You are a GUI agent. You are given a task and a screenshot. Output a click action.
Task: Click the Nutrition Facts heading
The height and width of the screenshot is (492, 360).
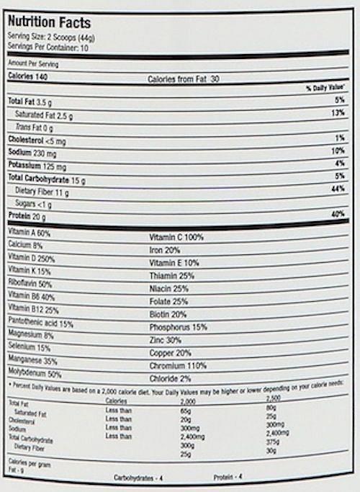(x=49, y=23)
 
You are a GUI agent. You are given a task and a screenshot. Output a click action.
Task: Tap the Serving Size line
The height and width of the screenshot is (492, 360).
(x=53, y=37)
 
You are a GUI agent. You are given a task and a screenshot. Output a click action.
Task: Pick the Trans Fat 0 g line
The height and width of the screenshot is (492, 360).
(x=35, y=127)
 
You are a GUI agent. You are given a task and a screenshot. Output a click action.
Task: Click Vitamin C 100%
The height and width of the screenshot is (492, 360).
(x=176, y=237)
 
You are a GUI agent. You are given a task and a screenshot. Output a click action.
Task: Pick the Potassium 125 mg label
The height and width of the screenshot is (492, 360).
(x=38, y=165)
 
